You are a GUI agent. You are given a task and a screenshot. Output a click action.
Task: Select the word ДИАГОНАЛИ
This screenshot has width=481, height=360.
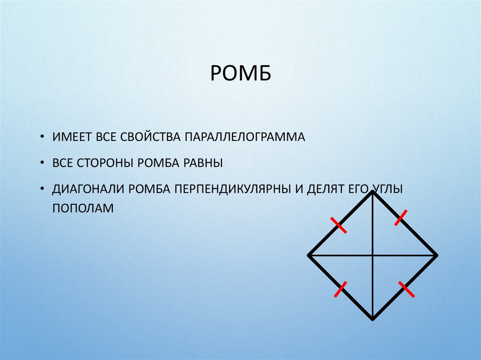[89, 190]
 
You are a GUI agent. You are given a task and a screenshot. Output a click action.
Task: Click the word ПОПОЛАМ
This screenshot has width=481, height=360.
[83, 207]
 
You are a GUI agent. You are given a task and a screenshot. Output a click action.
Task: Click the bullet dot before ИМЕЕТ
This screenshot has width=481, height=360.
[43, 138]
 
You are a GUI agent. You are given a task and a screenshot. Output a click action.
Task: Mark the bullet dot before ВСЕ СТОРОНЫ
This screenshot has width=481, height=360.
[43, 164]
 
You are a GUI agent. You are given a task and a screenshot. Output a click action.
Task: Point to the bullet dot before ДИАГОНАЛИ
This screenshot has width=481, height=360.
[43, 190]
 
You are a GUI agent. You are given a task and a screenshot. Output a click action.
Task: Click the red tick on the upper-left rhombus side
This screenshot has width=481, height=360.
[338, 225]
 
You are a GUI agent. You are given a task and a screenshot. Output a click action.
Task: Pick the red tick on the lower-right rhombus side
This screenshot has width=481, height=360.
[406, 289]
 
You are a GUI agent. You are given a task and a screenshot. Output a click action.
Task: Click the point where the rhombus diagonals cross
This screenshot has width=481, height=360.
[372, 255]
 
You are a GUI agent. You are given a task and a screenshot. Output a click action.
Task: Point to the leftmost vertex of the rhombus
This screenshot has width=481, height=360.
[309, 255]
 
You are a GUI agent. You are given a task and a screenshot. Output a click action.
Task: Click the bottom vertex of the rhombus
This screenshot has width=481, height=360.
[372, 319]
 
